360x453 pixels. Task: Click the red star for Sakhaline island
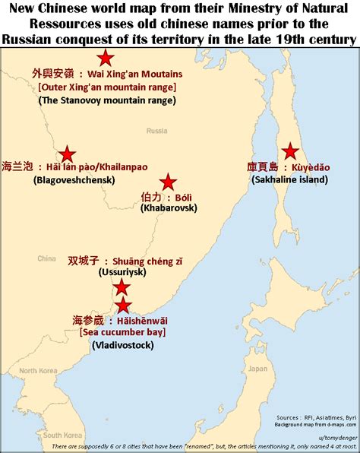coord(289,150)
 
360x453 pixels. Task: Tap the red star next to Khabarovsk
coord(168,182)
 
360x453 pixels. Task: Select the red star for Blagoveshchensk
coord(68,154)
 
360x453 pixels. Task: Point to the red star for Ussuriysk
coord(122,287)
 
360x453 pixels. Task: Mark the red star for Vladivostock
coord(123,306)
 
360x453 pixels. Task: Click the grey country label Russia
coord(156,131)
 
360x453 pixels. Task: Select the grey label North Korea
coord(39,371)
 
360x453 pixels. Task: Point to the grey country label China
coord(47,257)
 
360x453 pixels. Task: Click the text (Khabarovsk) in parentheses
coord(168,207)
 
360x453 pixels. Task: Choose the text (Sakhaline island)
coord(289,179)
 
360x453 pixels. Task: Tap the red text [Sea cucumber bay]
coord(122,332)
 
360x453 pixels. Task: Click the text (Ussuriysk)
coord(125,272)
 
